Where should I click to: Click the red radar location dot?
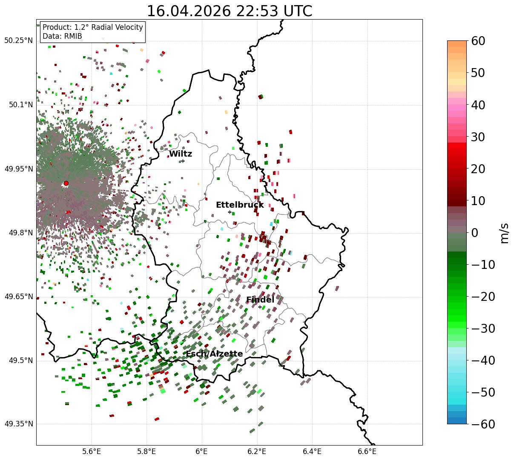(x=66, y=183)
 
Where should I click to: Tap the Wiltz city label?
(x=181, y=154)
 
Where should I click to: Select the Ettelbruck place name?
(x=240, y=205)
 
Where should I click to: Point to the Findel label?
(x=260, y=300)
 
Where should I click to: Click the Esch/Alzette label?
(x=214, y=354)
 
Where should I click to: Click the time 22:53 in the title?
(x=257, y=11)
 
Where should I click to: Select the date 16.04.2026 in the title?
(x=189, y=11)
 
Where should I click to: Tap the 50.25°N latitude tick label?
(x=18, y=40)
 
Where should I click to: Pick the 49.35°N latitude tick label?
(x=18, y=424)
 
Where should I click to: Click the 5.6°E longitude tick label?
(x=92, y=451)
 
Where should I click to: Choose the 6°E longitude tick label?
(x=202, y=451)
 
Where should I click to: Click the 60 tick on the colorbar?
(x=478, y=41)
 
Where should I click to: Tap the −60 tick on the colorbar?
(x=483, y=424)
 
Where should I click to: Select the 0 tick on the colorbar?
(x=474, y=232)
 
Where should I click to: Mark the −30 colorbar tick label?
(x=483, y=329)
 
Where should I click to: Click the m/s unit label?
(x=504, y=233)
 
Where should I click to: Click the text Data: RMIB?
(x=63, y=36)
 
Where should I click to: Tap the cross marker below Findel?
(x=260, y=307)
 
